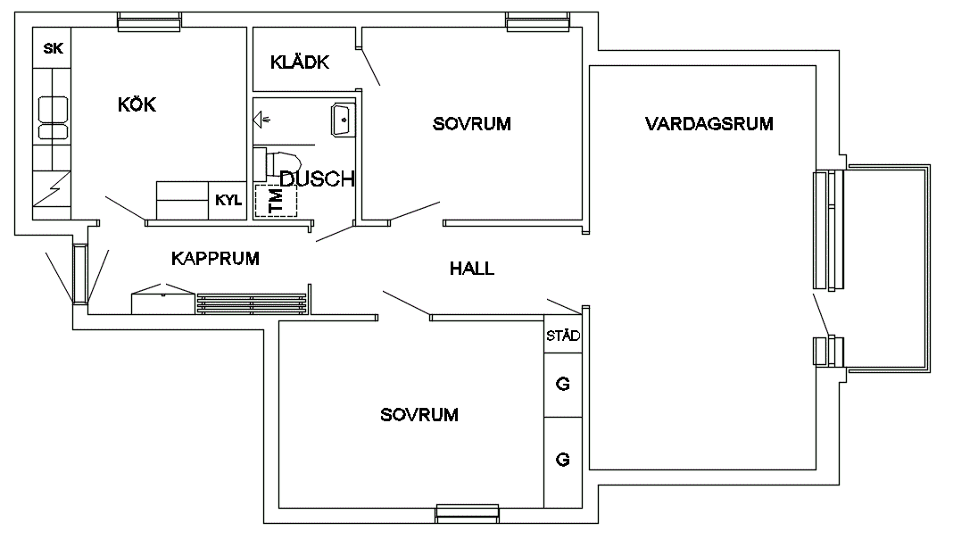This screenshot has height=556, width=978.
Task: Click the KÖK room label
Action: [x=137, y=104]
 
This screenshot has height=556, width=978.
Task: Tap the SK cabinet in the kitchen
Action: [x=52, y=48]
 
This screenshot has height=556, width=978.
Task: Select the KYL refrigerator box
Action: [x=228, y=200]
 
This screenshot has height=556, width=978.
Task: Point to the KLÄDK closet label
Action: [x=300, y=62]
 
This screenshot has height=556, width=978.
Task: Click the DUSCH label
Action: [x=317, y=179]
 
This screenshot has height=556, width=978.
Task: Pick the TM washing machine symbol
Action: [x=276, y=200]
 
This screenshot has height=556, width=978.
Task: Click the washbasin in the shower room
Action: [x=343, y=120]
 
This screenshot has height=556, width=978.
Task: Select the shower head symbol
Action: [x=261, y=120]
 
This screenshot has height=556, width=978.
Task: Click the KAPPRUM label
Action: [x=215, y=258]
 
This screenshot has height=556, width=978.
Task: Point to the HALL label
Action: [x=471, y=269]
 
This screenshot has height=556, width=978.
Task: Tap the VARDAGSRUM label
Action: [x=709, y=123]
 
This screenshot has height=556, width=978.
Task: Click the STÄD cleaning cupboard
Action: [x=563, y=336]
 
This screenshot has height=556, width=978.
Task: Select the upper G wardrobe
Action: [x=563, y=385]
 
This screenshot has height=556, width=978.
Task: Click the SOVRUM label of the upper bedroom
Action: [x=471, y=123]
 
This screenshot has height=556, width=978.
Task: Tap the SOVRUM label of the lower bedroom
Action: [x=419, y=414]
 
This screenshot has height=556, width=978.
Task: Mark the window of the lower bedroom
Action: [x=468, y=513]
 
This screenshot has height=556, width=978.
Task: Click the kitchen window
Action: [x=149, y=21]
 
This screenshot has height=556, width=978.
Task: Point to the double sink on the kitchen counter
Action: [x=53, y=117]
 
